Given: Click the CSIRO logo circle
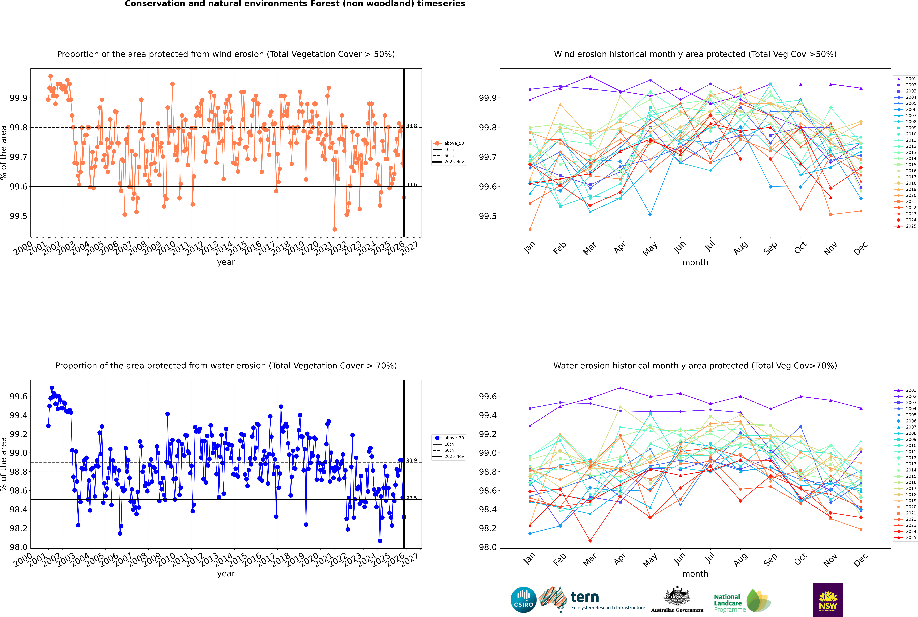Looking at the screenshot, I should [523, 600].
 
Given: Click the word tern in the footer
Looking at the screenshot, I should [585, 597].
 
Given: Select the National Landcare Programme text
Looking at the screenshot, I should [728, 603].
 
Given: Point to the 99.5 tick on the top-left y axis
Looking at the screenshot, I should [18, 216].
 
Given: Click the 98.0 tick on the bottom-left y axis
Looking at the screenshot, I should [18, 547].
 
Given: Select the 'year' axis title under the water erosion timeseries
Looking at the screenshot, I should [226, 574].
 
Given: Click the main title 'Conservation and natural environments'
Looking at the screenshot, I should [295, 4].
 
